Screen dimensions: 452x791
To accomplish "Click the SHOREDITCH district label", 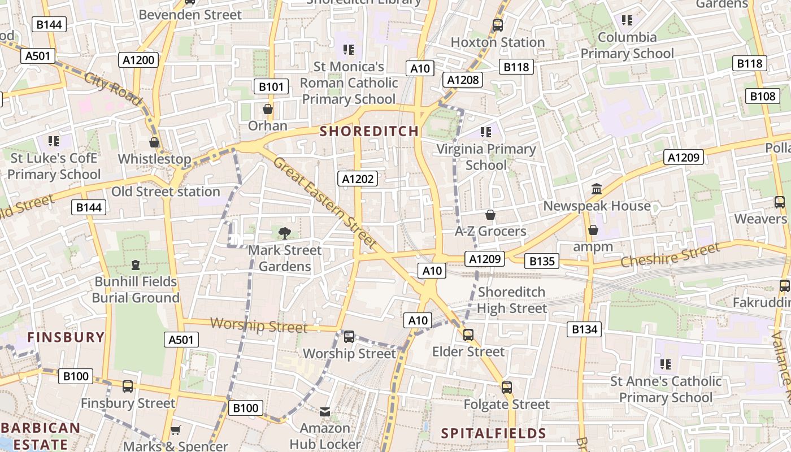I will click(x=370, y=131).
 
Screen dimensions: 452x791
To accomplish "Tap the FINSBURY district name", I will click(x=66, y=337).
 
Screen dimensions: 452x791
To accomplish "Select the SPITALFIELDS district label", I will click(x=493, y=433).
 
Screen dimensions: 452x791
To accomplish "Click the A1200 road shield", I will click(x=138, y=60).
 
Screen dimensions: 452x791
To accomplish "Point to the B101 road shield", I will click(x=271, y=86).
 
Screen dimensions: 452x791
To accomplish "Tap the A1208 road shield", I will click(x=463, y=80).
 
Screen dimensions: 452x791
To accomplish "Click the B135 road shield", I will click(x=541, y=261).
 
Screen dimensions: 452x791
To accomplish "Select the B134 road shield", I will click(x=584, y=329).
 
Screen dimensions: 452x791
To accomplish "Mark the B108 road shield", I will click(x=762, y=96).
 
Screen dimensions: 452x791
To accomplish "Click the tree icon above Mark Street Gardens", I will click(x=285, y=232).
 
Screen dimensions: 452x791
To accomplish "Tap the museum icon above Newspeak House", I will click(x=597, y=189).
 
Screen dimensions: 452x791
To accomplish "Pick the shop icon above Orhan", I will click(x=268, y=109).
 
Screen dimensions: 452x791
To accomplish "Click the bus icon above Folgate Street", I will click(x=507, y=388).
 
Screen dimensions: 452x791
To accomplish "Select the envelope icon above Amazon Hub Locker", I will click(x=325, y=412).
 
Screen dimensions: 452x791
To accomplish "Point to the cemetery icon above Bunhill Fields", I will click(x=136, y=264).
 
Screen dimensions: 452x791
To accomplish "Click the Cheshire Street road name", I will click(x=670, y=255).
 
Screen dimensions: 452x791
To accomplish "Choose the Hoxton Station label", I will click(x=498, y=42).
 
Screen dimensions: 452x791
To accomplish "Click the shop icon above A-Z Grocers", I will click(x=490, y=215).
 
